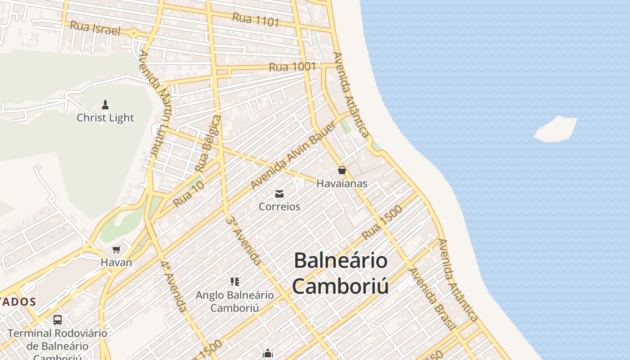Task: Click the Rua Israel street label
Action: click(x=95, y=28)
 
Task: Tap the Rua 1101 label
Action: click(x=256, y=19)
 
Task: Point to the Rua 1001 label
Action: click(x=292, y=67)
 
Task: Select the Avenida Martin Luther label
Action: click(x=155, y=103)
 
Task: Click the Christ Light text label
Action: click(x=105, y=118)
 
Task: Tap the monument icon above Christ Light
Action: click(x=105, y=105)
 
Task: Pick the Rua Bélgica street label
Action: click(x=208, y=144)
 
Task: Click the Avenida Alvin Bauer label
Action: click(x=292, y=155)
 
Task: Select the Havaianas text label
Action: click(x=342, y=184)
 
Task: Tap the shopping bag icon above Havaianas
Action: click(x=342, y=170)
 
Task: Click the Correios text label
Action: click(x=279, y=207)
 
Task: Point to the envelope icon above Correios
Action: click(x=279, y=194)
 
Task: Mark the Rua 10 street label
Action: click(x=189, y=194)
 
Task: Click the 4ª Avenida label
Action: click(x=174, y=286)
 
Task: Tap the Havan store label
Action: click(x=116, y=262)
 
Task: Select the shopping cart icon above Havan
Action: click(x=117, y=249)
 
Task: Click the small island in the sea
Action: click(x=556, y=129)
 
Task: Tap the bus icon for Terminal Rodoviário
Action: click(x=58, y=320)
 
